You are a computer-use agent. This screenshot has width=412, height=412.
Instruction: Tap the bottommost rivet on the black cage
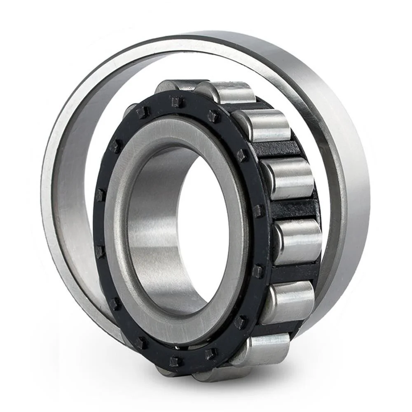pos(176,361)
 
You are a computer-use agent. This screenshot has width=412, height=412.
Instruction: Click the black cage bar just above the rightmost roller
pos(291,208)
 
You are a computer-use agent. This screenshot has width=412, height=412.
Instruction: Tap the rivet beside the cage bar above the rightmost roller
pos(258,211)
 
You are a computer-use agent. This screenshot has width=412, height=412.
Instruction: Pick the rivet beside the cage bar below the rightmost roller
pos(257,271)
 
